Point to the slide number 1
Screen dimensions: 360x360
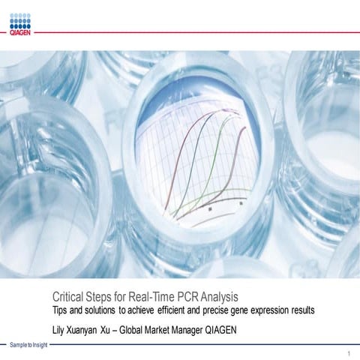click(x=349, y=352)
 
